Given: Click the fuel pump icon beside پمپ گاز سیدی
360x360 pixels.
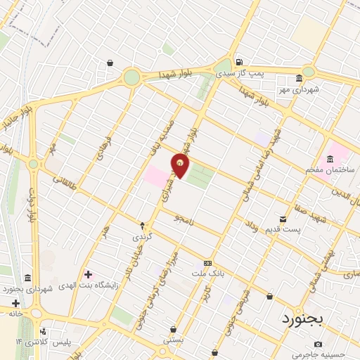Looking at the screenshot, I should click(x=238, y=62).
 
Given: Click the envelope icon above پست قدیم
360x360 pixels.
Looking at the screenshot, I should click(x=283, y=219).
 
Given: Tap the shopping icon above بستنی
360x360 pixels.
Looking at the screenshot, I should click(x=173, y=328).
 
